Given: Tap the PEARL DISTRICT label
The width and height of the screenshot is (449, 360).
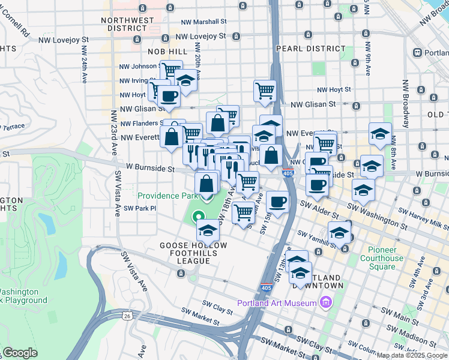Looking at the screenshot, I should click(x=310, y=48).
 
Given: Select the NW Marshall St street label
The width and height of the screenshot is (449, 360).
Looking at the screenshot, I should click(x=204, y=20).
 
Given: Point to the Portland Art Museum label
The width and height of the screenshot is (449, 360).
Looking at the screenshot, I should click(x=277, y=303).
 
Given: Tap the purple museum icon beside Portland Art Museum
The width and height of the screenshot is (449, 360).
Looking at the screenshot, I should click(x=326, y=302).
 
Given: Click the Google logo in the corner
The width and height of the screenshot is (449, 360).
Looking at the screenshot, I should click(x=20, y=353).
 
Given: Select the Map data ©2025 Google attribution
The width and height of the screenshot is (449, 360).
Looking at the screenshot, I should click(x=412, y=355).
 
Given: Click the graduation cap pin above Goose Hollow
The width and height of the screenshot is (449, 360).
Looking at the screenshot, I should click(x=208, y=230).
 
